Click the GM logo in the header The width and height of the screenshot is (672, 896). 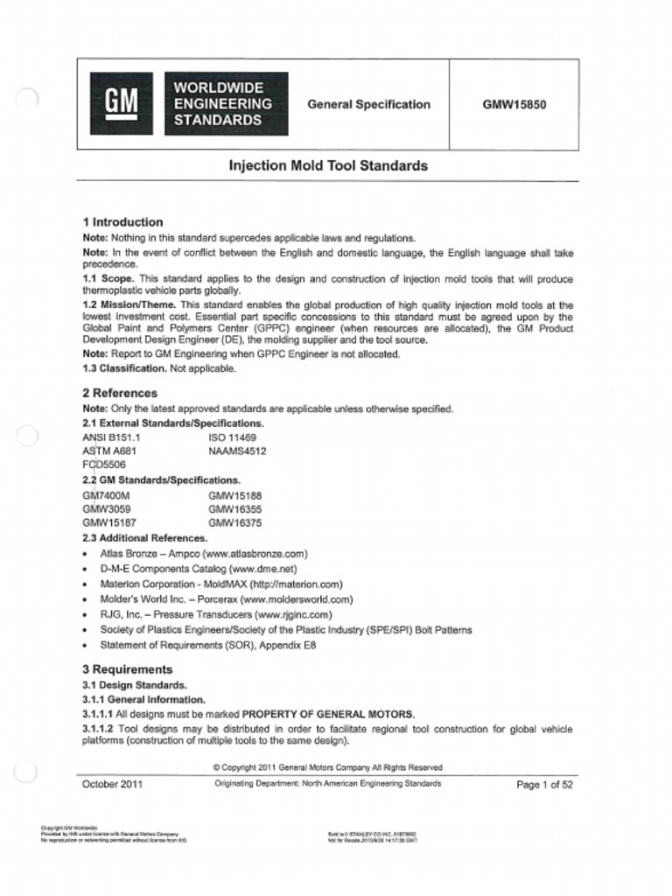click(122, 104)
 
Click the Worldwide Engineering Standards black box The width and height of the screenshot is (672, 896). click(226, 104)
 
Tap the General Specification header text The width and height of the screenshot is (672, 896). click(368, 104)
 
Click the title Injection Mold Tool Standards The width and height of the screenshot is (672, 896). click(328, 165)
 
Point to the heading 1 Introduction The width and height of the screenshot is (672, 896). click(122, 222)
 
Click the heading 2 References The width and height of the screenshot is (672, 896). click(120, 393)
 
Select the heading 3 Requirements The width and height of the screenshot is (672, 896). click(127, 669)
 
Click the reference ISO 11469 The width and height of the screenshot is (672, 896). click(232, 437)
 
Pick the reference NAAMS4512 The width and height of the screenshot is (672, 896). click(237, 451)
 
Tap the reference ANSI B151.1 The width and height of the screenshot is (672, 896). click(111, 437)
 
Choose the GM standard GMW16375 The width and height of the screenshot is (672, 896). click(234, 523)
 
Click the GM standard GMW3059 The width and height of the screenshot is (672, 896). click(106, 508)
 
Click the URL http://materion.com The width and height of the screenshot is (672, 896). click(296, 584)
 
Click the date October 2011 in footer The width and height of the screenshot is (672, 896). click(112, 785)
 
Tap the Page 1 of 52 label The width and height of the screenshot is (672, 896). click(544, 785)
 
